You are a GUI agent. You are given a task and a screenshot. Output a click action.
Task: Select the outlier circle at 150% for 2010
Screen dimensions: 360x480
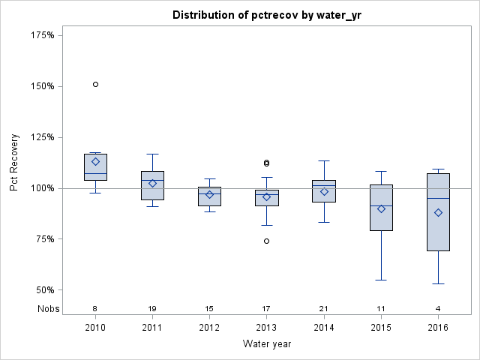95,84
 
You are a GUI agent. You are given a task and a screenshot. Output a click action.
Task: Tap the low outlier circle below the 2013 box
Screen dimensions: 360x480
266,241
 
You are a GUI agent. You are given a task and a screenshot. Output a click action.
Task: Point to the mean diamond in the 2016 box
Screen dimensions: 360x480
438,212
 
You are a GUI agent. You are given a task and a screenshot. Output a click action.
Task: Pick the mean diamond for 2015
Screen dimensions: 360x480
381,208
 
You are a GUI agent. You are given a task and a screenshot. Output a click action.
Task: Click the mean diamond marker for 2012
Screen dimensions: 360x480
209,194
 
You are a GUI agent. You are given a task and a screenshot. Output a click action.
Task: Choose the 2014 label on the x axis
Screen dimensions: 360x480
324,328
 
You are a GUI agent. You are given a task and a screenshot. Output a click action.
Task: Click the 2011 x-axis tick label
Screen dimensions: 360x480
152,328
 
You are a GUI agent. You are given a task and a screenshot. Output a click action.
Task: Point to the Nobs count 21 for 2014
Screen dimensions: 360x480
324,309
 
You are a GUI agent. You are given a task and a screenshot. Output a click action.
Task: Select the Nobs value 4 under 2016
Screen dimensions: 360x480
438,309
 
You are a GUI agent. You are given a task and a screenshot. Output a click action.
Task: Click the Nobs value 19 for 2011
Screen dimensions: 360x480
152,309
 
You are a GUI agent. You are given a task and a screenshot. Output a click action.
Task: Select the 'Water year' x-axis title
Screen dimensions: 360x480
266,344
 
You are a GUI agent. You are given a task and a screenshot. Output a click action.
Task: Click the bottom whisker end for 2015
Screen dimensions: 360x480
381,280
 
